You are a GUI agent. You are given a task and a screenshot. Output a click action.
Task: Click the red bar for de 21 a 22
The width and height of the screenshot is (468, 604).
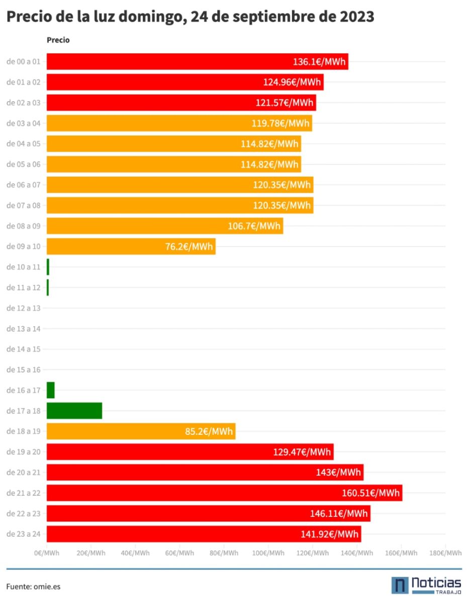click(x=224, y=493)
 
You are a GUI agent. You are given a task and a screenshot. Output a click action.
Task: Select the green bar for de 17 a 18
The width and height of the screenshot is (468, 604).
click(x=74, y=411)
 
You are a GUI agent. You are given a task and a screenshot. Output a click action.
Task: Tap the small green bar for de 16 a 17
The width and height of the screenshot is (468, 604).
click(x=50, y=390)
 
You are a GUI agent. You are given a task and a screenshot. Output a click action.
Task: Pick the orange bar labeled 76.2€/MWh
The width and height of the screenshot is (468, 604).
click(x=131, y=247)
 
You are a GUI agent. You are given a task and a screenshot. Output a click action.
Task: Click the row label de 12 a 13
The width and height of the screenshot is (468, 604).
click(x=24, y=308)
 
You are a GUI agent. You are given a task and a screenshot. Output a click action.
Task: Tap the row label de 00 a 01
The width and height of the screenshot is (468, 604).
click(x=24, y=62)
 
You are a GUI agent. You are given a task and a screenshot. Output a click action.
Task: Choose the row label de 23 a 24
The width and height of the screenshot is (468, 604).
click(x=24, y=534)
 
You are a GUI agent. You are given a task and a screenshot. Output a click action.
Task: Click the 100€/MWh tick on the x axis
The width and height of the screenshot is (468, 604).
click(x=268, y=553)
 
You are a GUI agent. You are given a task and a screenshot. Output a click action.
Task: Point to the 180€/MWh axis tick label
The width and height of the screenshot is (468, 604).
click(x=445, y=553)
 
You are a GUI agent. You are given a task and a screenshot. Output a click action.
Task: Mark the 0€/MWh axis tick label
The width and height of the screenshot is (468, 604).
click(x=47, y=553)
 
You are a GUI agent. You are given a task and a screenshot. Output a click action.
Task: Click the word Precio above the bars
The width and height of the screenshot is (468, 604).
click(x=58, y=40)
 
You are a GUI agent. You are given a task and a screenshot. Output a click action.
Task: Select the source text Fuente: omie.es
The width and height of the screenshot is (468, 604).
click(x=33, y=586)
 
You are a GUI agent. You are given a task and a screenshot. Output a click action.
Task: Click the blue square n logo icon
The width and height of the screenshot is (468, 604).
click(x=400, y=585)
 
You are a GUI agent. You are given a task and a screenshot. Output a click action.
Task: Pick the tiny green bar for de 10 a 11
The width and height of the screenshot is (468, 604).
click(x=48, y=267)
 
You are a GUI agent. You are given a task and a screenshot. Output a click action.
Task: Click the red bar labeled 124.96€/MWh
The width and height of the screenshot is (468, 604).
click(x=185, y=82)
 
